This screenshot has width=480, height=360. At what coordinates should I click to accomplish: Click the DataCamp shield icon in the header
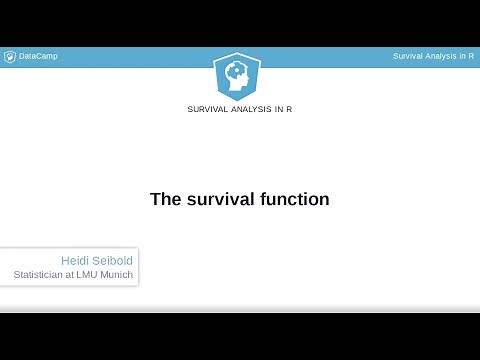[10, 56]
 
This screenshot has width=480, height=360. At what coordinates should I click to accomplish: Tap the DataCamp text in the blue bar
[38, 56]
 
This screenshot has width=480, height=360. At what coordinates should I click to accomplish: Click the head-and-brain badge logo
[240, 75]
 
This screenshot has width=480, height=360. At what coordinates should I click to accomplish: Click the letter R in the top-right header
[471, 56]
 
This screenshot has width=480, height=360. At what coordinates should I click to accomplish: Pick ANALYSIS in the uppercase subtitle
[254, 109]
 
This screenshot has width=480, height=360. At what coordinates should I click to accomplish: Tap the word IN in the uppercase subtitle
[280, 109]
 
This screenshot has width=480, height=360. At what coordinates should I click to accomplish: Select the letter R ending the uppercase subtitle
[290, 109]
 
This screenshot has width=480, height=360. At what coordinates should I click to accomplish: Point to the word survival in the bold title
[218, 199]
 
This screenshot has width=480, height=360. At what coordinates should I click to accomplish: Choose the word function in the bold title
[293, 199]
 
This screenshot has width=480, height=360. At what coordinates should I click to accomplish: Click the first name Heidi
[75, 260]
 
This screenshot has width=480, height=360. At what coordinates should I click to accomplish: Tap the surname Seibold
[112, 260]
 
